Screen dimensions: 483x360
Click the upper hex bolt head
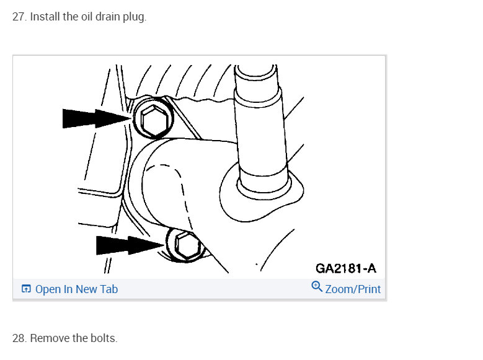pyautogui.click(x=154, y=119)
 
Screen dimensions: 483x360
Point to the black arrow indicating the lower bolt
pyautogui.click(x=130, y=245)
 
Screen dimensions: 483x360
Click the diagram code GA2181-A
pyautogui.click(x=345, y=268)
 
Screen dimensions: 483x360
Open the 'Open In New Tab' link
pyautogui.click(x=76, y=289)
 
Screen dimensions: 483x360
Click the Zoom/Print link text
pyautogui.click(x=353, y=289)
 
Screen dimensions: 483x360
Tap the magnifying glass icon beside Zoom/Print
pyautogui.click(x=317, y=287)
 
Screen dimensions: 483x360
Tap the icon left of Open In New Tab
pyautogui.click(x=26, y=289)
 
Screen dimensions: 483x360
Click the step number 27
pyautogui.click(x=19, y=17)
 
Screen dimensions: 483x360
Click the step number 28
pyautogui.click(x=19, y=338)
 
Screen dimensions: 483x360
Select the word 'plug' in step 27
pyautogui.click(x=134, y=17)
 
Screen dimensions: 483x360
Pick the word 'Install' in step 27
pyautogui.click(x=45, y=17)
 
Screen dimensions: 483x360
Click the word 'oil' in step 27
pyautogui.click(x=87, y=17)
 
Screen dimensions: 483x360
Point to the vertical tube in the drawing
pyautogui.click(x=260, y=130)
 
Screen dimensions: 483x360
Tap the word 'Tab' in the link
pyautogui.click(x=109, y=289)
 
